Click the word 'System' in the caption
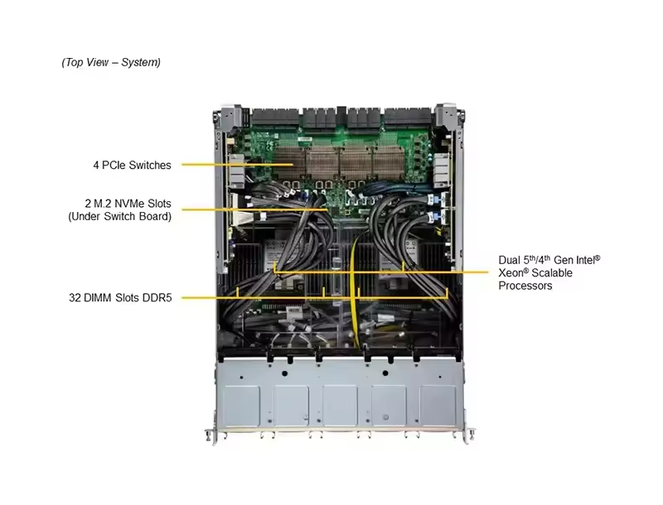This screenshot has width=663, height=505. pyautogui.click(x=139, y=62)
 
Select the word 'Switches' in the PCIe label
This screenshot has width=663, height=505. pyautogui.click(x=150, y=165)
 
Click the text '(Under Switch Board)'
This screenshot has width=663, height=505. pyautogui.click(x=119, y=217)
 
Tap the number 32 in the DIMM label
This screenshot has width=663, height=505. pyautogui.click(x=75, y=298)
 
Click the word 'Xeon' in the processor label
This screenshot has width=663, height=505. pyautogui.click(x=511, y=272)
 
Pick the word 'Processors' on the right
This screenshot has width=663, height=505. pyautogui.click(x=525, y=286)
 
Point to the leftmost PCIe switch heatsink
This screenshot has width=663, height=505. pyautogui.click(x=289, y=161)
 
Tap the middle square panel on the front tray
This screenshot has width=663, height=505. pyautogui.click(x=340, y=405)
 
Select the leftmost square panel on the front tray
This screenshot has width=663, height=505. pyautogui.click(x=241, y=406)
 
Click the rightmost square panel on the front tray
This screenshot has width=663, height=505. pyautogui.click(x=438, y=405)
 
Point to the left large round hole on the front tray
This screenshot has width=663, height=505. pyautogui.click(x=284, y=373)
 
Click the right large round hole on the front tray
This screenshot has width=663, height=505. pyautogui.click(x=385, y=373)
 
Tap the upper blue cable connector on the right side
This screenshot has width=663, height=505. pyautogui.click(x=431, y=199)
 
